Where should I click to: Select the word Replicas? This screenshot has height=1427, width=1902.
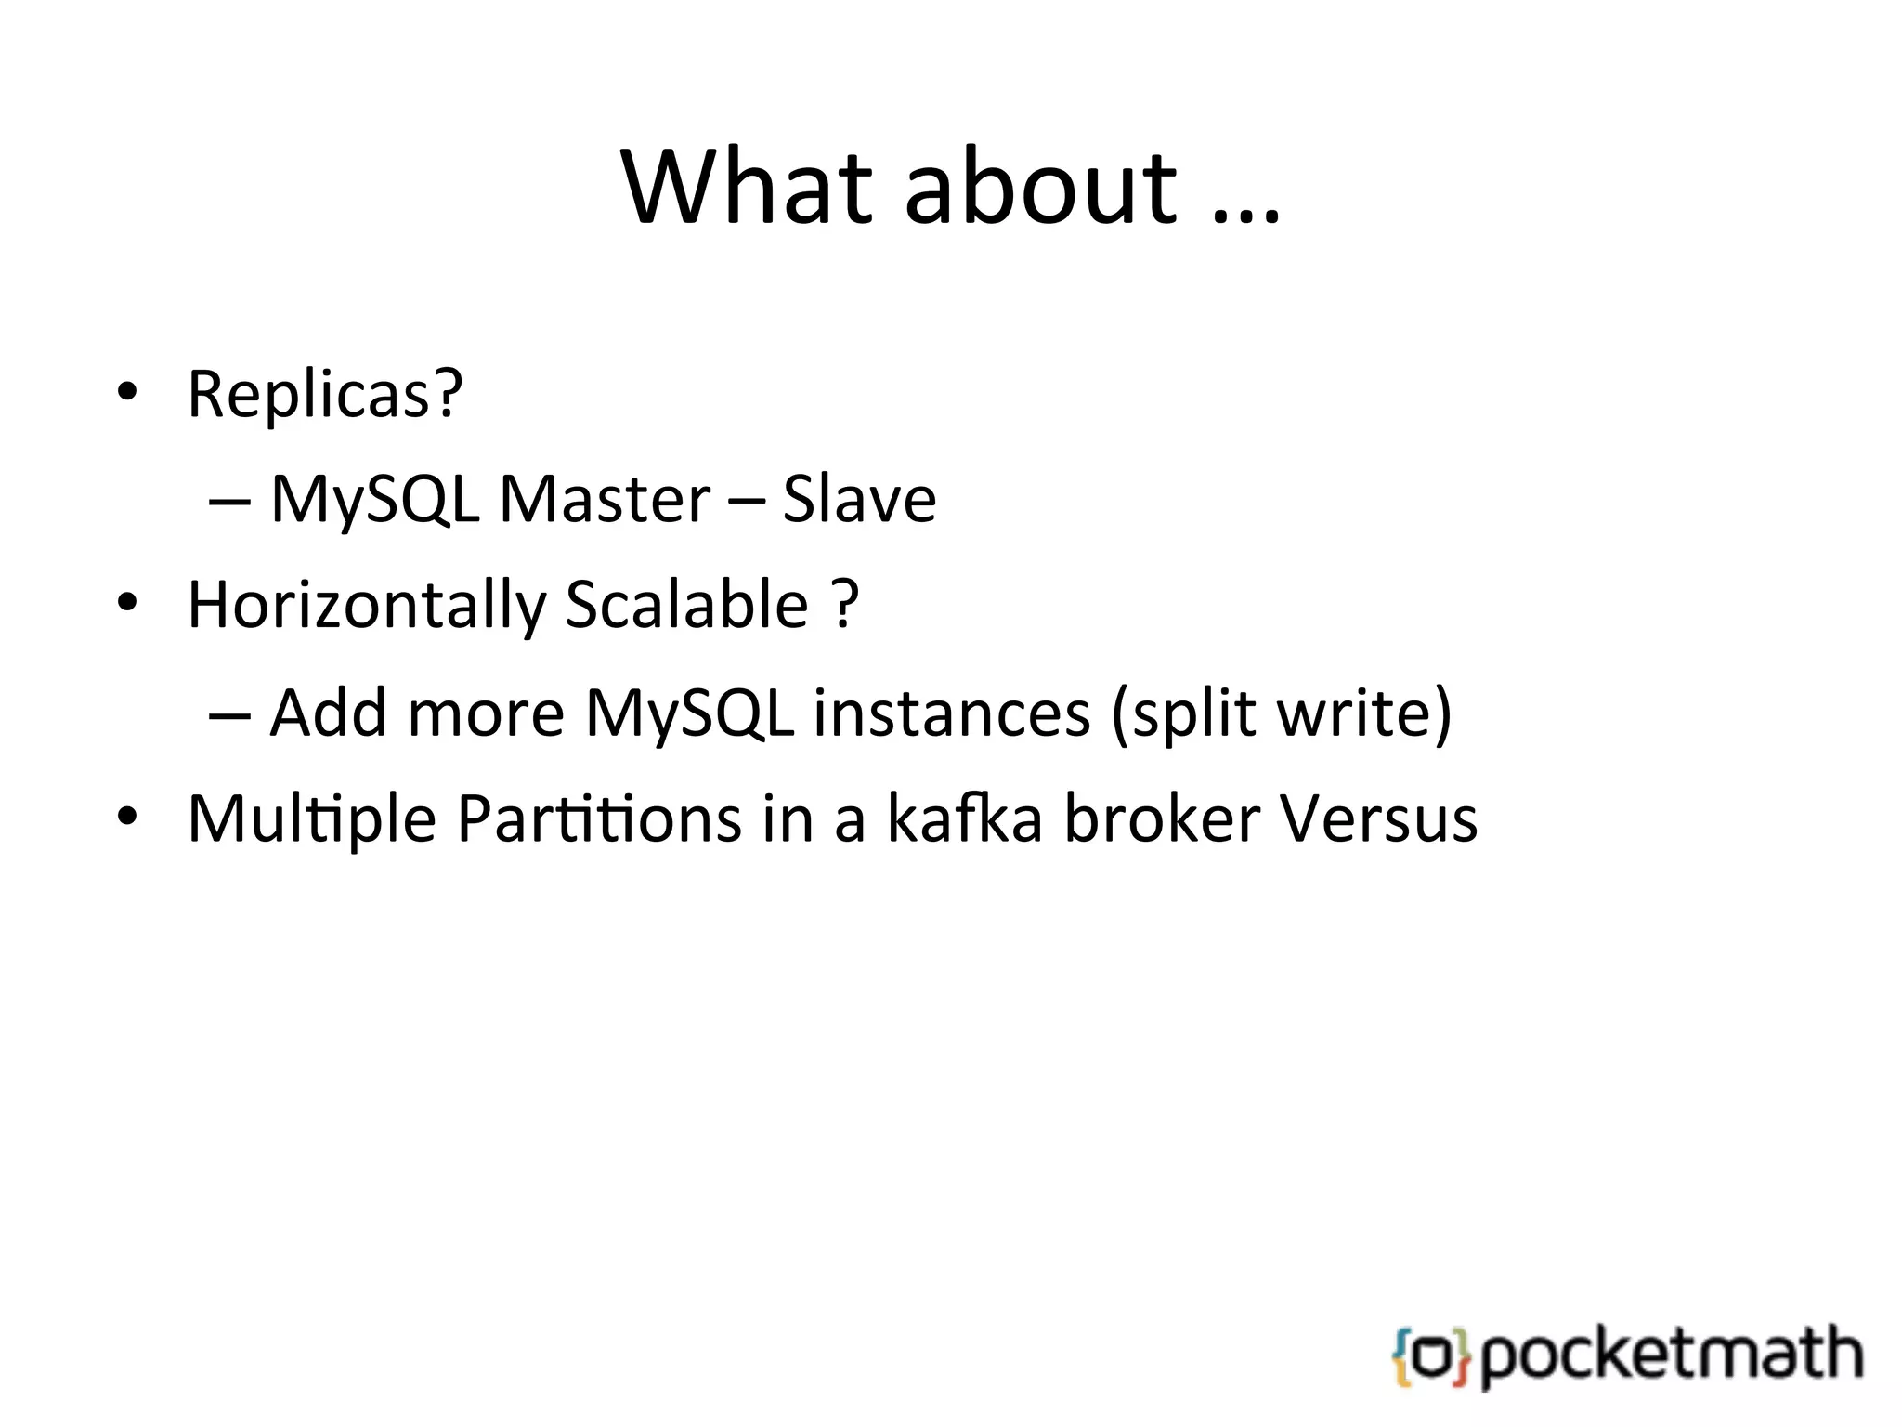[x=325, y=394]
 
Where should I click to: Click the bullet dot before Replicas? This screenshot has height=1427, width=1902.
[x=127, y=394]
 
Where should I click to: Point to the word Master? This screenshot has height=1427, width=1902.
[x=605, y=500]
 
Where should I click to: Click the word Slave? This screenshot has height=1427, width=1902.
[x=859, y=500]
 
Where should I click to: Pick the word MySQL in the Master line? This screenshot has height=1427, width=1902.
[x=374, y=500]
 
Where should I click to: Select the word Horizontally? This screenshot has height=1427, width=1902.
[x=367, y=606]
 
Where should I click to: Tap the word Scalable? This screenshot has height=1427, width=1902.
[x=686, y=606]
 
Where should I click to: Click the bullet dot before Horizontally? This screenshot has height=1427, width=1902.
[x=127, y=606]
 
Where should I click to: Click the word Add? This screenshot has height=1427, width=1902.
[x=328, y=713]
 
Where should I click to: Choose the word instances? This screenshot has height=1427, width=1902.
[x=951, y=713]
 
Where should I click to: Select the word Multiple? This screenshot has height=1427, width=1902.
[x=312, y=819]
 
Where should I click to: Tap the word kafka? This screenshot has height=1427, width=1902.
[x=965, y=819]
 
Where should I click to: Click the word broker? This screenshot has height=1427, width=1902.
[x=1162, y=819]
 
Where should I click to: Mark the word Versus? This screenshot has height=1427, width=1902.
[x=1378, y=819]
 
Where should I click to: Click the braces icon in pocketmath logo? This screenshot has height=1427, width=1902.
[x=1431, y=1357]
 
